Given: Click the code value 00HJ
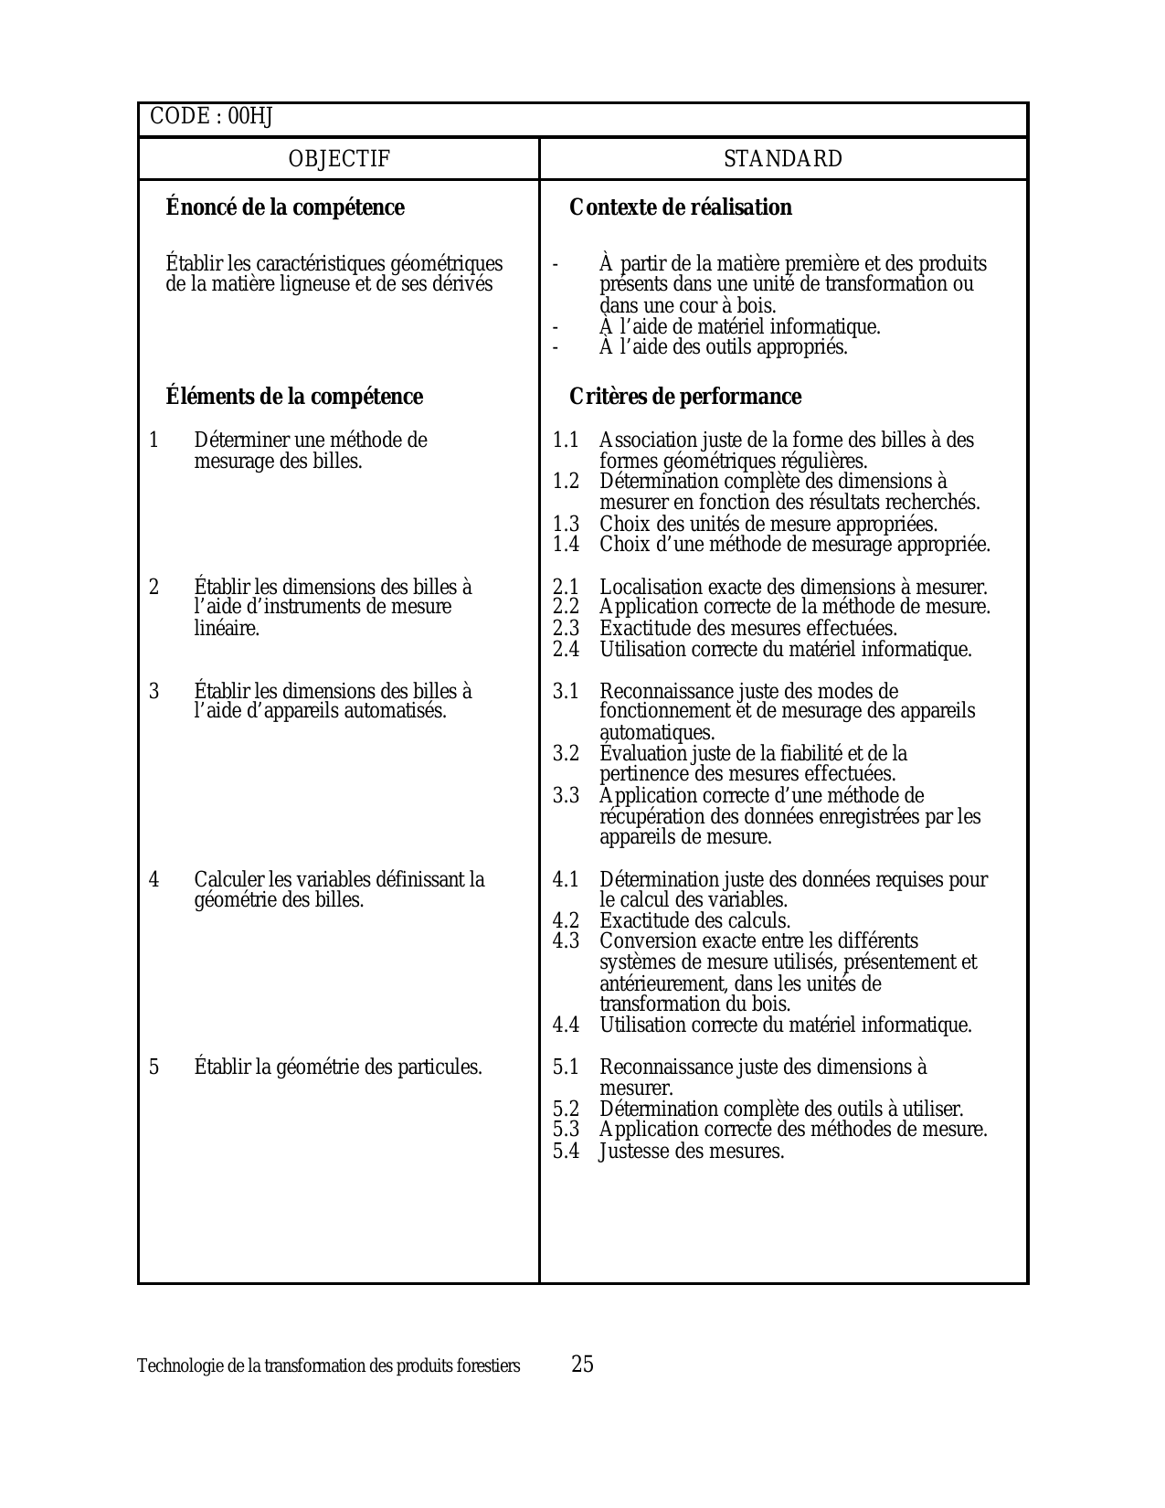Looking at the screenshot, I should click(250, 117).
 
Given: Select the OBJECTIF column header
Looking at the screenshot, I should click(339, 159).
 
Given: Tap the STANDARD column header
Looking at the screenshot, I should click(783, 159).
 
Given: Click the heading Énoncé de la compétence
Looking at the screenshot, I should click(285, 207).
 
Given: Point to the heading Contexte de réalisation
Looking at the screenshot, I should click(681, 207).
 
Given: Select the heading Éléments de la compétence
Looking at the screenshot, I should click(294, 397).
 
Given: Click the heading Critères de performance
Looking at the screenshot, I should click(685, 397).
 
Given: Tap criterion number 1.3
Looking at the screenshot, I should click(566, 525).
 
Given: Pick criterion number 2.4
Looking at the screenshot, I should click(566, 650).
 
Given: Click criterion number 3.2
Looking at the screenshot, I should click(566, 754).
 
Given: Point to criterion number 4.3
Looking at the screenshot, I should click(566, 941).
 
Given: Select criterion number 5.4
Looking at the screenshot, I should click(566, 1152).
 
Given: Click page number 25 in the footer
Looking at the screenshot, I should click(582, 1365).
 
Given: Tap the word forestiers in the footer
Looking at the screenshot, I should click(491, 1366).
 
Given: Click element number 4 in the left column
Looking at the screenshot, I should click(154, 880).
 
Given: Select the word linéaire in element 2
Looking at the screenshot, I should click(226, 629).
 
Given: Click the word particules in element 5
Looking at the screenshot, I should click(439, 1067).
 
